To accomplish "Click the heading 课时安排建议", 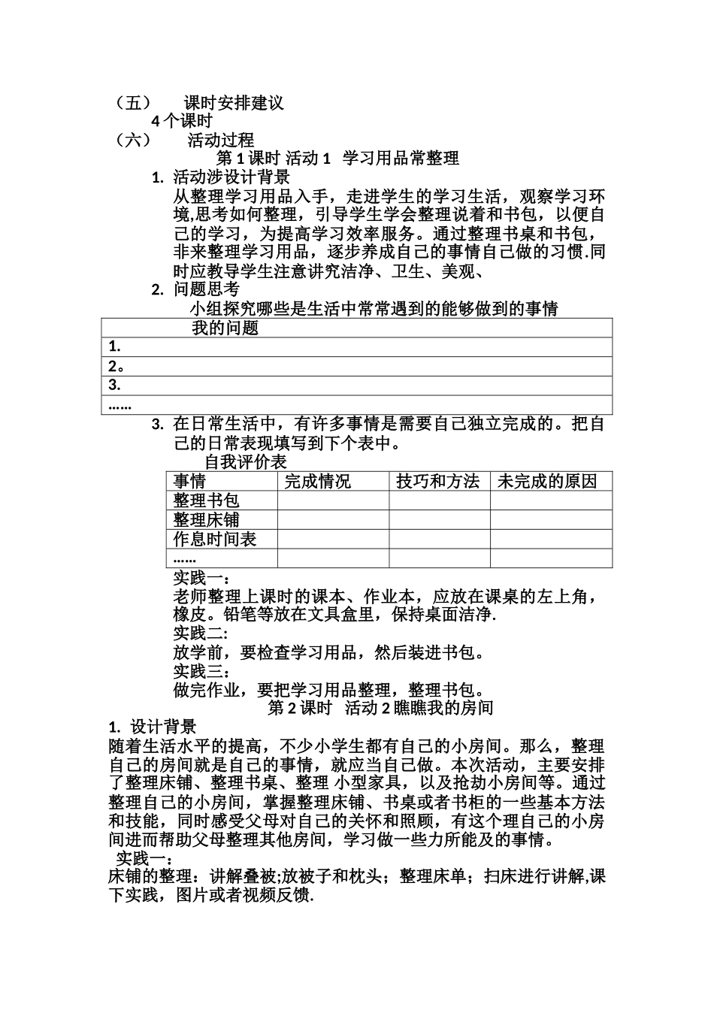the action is click(x=234, y=103).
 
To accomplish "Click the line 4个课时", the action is click(x=182, y=121).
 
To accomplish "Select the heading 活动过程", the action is click(x=220, y=140).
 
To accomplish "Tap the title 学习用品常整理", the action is click(x=401, y=159).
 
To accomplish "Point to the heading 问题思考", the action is click(x=207, y=289).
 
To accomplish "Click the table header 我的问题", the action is click(x=225, y=328).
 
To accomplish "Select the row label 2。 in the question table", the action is click(x=116, y=367).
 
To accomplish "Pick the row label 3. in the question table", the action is click(x=115, y=386).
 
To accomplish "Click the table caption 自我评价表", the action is click(x=246, y=462).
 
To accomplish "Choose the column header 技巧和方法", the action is click(x=437, y=482).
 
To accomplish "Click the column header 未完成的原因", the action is click(x=547, y=482).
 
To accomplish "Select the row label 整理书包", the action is click(x=206, y=501).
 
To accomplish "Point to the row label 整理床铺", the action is click(x=206, y=520).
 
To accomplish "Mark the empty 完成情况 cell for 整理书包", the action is click(x=333, y=501).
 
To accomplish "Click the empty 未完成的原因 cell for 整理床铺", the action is click(x=551, y=520).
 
